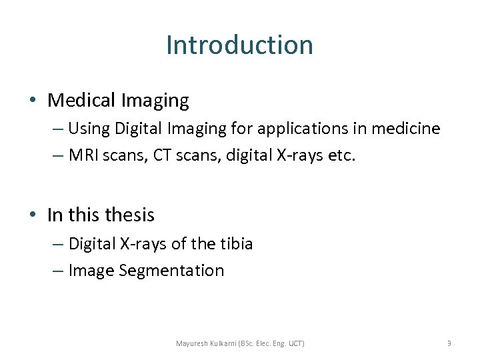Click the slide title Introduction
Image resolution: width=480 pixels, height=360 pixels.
pos(239,45)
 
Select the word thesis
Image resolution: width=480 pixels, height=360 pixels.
pos(130,215)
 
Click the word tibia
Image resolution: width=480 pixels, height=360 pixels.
pos(236,244)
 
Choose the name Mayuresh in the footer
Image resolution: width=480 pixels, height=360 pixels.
pos(192,343)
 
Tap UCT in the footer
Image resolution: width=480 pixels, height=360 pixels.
pos(295,343)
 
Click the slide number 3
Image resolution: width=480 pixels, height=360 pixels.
pos(449,343)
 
